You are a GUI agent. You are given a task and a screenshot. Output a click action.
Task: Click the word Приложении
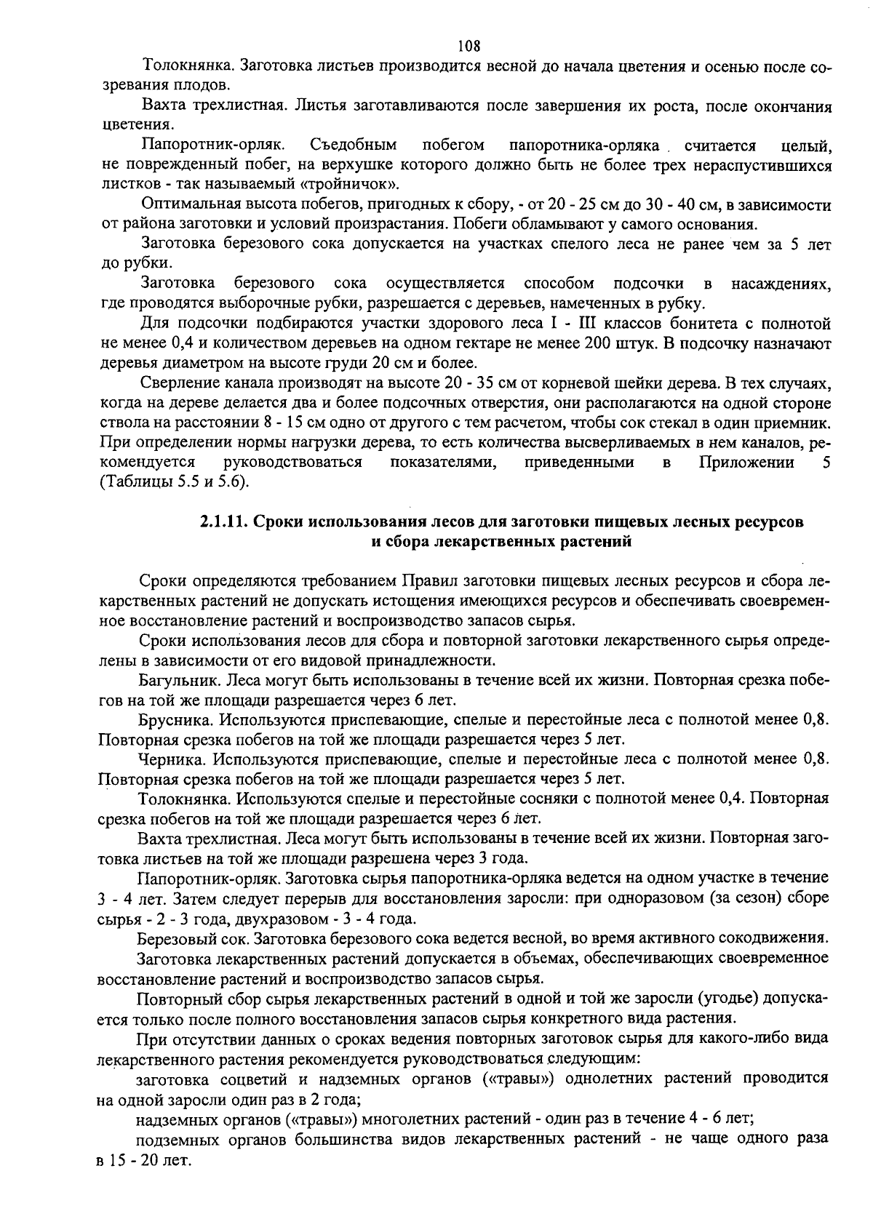point(746,463)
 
